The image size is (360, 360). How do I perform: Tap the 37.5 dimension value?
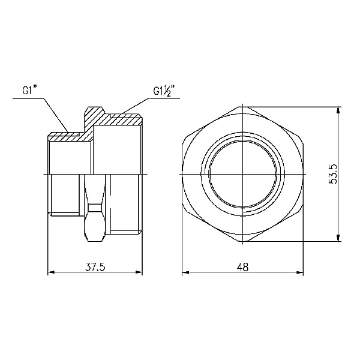click(95, 267)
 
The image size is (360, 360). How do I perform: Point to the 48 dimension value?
click(242, 267)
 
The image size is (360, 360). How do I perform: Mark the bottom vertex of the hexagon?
click(243, 241)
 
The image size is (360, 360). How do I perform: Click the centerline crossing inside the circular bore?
click(243, 173)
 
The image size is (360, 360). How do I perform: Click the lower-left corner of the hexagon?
click(185, 207)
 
